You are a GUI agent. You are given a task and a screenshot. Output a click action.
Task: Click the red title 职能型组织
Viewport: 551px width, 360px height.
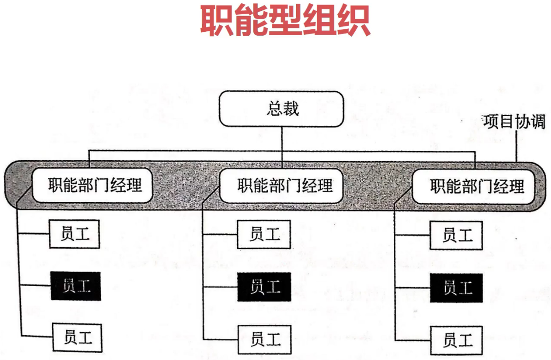[x=285, y=21]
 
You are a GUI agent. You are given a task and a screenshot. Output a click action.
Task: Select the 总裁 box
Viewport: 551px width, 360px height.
[x=282, y=108]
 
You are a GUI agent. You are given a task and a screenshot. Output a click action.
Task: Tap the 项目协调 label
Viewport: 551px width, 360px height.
[x=514, y=121]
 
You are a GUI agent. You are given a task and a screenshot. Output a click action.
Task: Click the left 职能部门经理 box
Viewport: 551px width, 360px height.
[x=93, y=186]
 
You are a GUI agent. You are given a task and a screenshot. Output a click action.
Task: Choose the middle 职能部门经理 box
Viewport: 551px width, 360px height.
[x=282, y=186]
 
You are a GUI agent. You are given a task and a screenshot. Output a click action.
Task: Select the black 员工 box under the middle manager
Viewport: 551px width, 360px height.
[x=264, y=287]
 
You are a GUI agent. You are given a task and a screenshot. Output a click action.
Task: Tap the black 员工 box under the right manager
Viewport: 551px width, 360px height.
[x=456, y=288]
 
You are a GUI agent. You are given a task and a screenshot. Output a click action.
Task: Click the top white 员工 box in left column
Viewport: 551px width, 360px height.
[x=75, y=234]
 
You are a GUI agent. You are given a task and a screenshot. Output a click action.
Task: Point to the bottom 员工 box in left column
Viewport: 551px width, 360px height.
[x=78, y=337]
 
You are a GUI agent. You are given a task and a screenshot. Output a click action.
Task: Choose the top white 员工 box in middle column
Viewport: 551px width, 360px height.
[x=264, y=234]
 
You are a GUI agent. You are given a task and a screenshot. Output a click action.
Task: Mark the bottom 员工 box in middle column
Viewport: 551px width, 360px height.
[x=265, y=339]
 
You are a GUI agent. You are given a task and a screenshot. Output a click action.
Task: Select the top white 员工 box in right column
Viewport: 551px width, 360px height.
[x=456, y=235]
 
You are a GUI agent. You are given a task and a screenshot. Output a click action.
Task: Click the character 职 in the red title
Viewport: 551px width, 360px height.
[x=217, y=21]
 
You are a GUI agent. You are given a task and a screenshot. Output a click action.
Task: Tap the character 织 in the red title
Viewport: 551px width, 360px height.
[x=353, y=21]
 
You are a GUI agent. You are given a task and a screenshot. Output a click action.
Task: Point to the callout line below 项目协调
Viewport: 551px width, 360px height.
[x=516, y=147]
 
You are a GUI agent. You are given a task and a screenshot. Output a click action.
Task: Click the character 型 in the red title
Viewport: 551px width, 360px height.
[x=285, y=21]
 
